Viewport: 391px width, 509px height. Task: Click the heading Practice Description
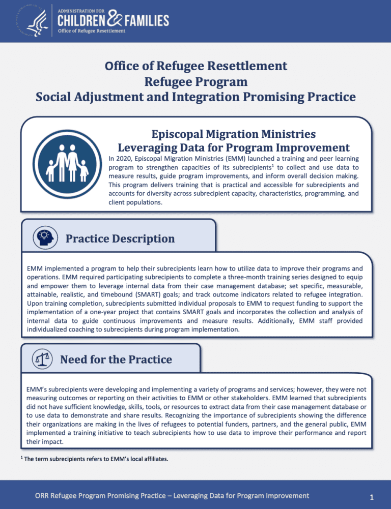coord(120,238)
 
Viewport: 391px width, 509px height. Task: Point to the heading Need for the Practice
coord(116,360)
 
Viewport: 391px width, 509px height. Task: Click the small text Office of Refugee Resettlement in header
coord(92,31)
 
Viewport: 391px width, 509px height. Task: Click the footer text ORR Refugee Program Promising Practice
coord(121,495)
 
